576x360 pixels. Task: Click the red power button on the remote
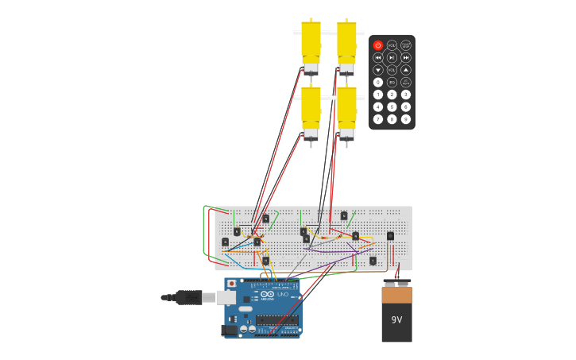[x=378, y=45]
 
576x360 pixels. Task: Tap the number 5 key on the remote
[x=392, y=106]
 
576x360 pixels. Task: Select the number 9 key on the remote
[x=406, y=119]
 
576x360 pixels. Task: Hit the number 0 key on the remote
[x=378, y=82]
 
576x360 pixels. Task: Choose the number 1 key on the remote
[x=378, y=95]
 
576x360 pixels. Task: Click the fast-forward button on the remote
[x=406, y=57]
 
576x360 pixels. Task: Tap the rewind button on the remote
[x=378, y=57]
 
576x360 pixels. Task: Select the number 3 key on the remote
[x=406, y=95]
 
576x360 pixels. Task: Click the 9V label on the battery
[x=396, y=320]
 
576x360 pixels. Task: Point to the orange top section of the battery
[x=396, y=295]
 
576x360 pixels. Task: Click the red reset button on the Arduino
[x=232, y=284]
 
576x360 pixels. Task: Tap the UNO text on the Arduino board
[x=283, y=295]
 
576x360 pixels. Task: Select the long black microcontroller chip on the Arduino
[x=276, y=319]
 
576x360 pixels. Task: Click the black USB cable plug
[x=188, y=297]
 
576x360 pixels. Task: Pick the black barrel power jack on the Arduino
[x=230, y=330]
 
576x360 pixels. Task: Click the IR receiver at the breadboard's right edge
[x=390, y=236]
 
